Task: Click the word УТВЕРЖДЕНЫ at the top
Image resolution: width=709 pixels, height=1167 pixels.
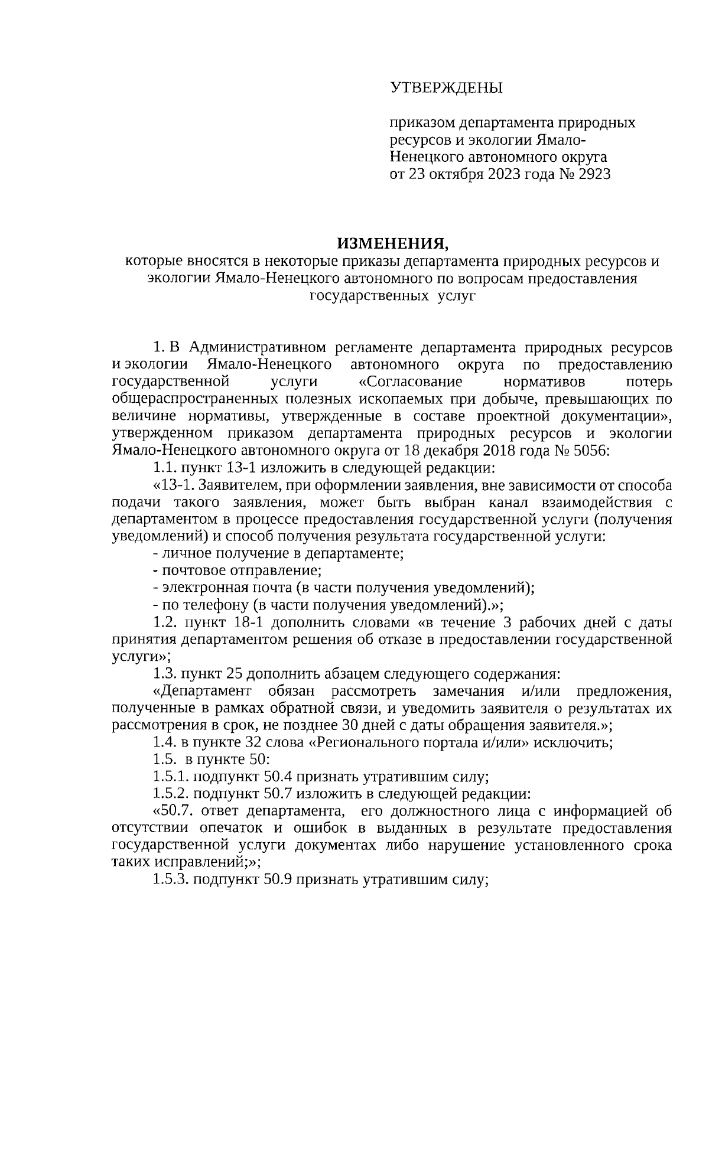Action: coord(446,89)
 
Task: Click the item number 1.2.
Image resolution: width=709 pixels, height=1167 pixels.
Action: coord(165,622)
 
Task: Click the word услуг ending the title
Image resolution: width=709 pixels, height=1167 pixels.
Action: coord(456,295)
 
